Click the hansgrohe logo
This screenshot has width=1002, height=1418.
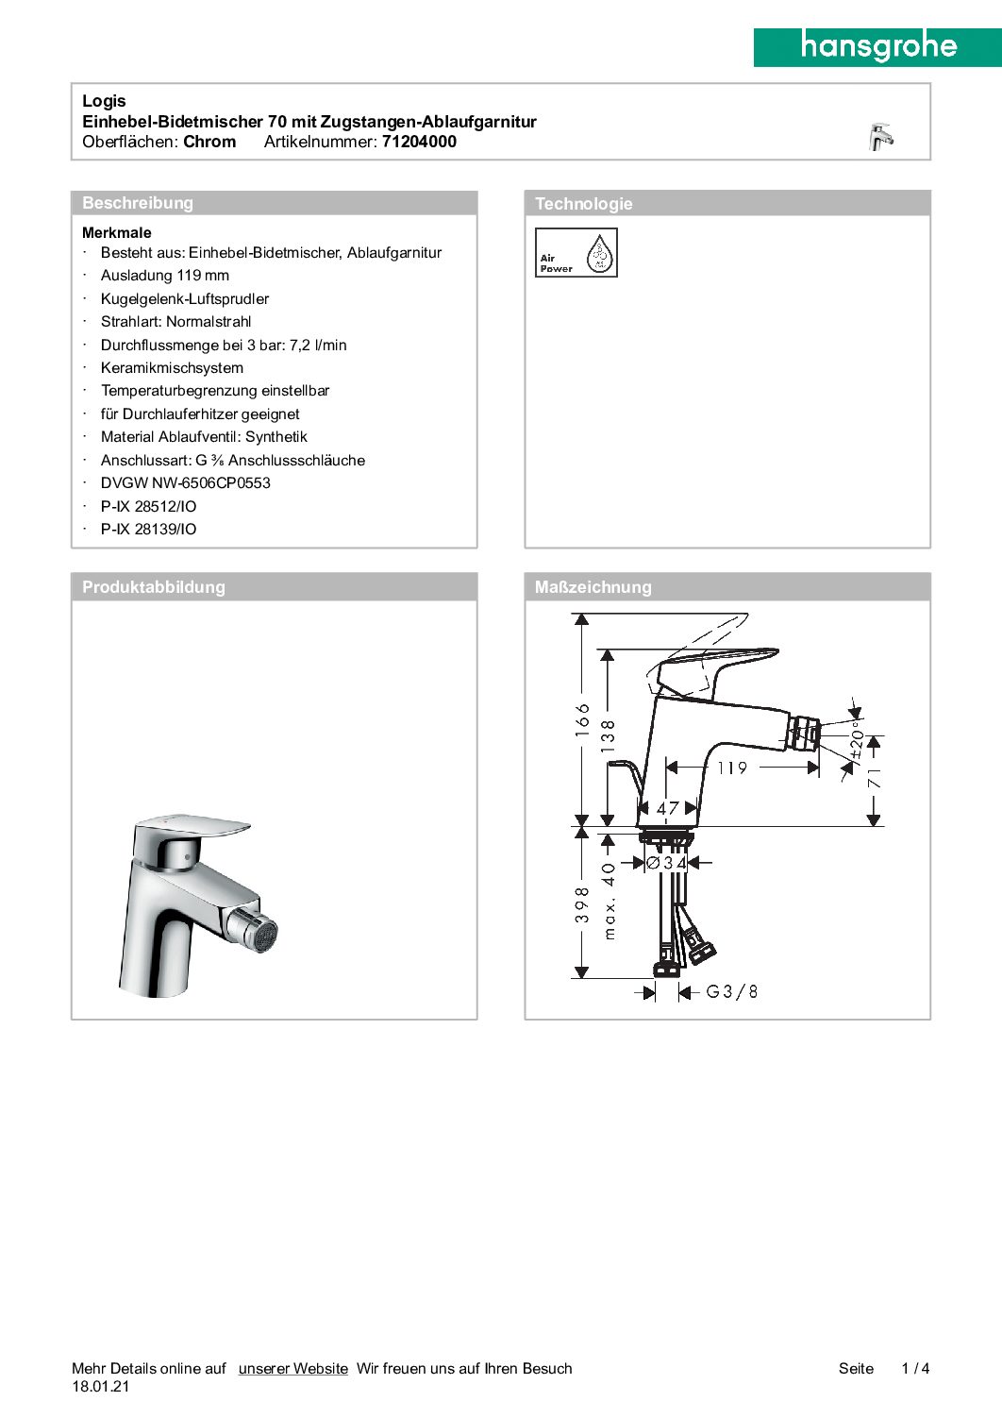pos(877,46)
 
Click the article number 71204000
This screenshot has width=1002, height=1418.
pos(419,142)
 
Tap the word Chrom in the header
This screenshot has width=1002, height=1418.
pos(209,142)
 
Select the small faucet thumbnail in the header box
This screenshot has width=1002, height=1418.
pos(880,137)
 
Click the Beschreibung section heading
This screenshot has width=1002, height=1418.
pos(138,203)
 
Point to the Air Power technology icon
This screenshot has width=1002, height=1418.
pos(576,252)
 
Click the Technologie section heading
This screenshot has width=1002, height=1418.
pos(583,204)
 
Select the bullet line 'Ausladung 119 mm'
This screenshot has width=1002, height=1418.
pos(165,276)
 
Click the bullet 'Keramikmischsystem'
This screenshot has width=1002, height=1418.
pos(172,368)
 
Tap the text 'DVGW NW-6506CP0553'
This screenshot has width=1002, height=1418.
pos(186,483)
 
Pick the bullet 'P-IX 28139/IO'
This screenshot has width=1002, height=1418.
pos(149,530)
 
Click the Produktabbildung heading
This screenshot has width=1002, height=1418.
pos(154,587)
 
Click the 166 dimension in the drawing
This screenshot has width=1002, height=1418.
pos(583,719)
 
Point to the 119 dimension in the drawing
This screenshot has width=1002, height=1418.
pos(732,768)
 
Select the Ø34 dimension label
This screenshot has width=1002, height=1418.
pos(666,863)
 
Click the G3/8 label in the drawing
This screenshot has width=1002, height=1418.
pos(731,991)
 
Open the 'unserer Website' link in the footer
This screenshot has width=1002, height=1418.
pos(292,1369)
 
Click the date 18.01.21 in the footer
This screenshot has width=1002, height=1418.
pos(100,1387)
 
